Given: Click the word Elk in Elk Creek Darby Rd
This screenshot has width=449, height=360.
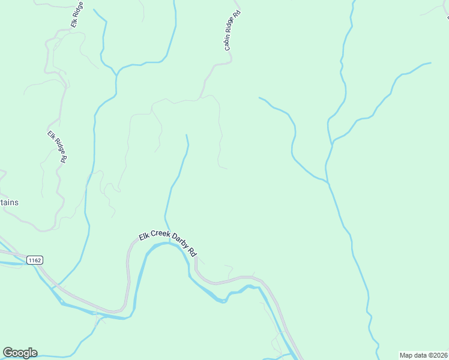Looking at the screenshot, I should point(143,236).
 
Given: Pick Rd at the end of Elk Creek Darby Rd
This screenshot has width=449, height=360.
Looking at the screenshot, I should point(193,252).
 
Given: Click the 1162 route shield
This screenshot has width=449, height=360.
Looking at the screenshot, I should point(34,260).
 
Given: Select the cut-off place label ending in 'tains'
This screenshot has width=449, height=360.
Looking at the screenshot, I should point(9,202).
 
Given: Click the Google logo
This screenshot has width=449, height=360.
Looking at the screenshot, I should point(20,353).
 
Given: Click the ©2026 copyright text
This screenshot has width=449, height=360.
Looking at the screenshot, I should point(440,355).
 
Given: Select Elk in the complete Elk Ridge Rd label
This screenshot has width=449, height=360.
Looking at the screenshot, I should point(52,134).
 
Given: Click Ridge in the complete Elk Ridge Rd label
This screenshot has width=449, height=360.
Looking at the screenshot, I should point(58,145).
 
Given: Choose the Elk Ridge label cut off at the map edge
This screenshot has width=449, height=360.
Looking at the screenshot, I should point(76,14).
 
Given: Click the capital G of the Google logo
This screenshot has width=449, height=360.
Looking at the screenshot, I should point(8,353).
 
